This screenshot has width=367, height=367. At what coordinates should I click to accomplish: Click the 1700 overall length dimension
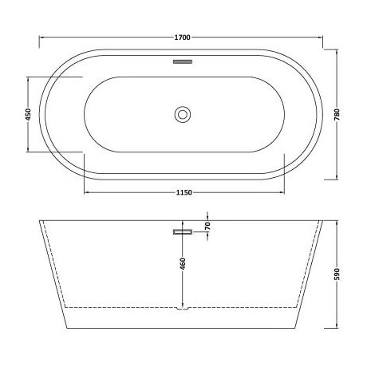tap(183, 35)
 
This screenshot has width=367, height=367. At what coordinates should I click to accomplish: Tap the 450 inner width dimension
tap(30, 113)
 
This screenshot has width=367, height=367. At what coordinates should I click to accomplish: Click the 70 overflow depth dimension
tap(207, 226)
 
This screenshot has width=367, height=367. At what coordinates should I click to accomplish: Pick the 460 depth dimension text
tap(184, 263)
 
